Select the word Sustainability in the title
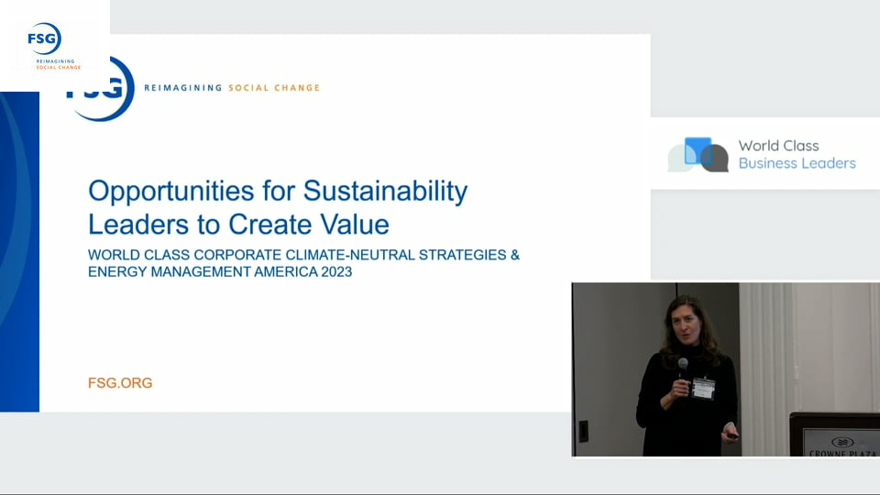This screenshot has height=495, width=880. click(385, 192)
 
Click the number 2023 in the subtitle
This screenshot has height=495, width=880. click(336, 272)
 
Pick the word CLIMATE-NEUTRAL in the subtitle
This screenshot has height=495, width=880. click(350, 256)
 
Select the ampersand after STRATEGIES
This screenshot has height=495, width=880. click(514, 256)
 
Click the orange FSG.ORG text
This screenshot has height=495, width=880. click(120, 383)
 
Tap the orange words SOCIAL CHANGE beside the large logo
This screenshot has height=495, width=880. click(274, 88)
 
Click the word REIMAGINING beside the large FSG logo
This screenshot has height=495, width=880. click(183, 88)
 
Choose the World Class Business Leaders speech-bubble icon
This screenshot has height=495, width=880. click(698, 154)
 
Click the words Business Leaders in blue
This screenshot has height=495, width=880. click(797, 163)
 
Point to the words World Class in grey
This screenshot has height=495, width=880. click(778, 146)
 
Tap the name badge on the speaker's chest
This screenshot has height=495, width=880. click(703, 389)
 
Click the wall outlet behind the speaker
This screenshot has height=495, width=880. click(584, 431)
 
